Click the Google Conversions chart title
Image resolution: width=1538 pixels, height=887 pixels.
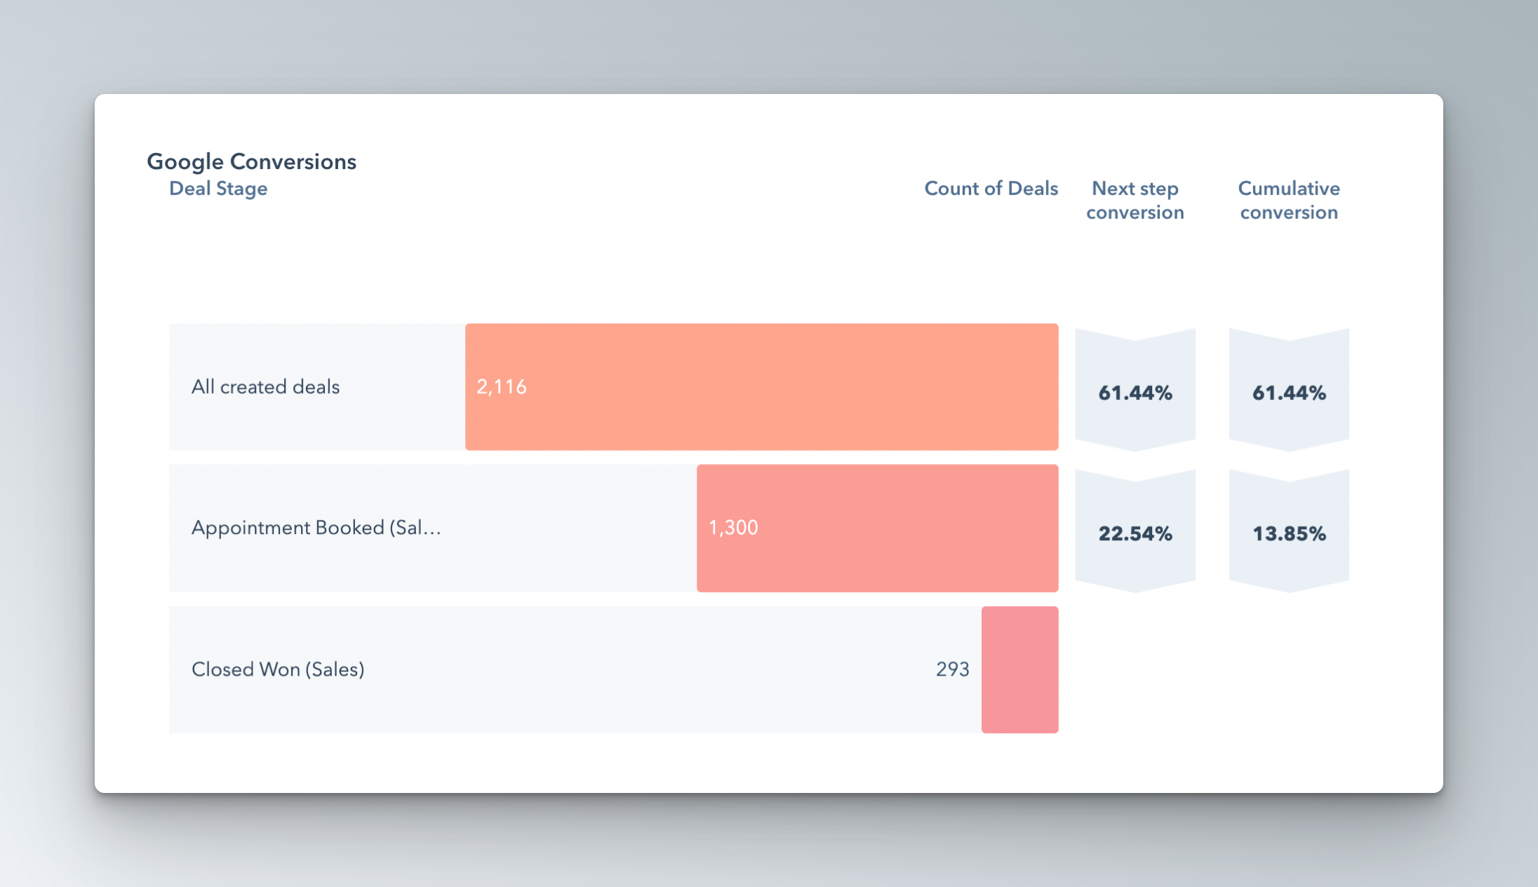[x=251, y=161]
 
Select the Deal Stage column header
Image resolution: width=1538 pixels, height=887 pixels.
[x=218, y=189]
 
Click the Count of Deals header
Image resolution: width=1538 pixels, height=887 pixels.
[x=991, y=189]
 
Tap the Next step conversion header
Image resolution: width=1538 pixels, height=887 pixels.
[x=1135, y=201]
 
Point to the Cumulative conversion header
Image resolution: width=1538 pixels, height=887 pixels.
[x=1289, y=201]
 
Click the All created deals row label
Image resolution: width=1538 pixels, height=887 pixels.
[x=265, y=387]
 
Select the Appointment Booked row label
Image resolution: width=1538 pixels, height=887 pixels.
[x=316, y=528]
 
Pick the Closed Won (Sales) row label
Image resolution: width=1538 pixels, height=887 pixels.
[x=278, y=669]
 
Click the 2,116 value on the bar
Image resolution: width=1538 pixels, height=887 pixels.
[x=501, y=387]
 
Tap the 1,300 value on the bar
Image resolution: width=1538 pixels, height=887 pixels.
[x=733, y=528]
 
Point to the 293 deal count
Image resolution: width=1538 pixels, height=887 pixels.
[x=952, y=669]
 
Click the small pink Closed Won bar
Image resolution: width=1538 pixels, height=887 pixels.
[x=1019, y=669]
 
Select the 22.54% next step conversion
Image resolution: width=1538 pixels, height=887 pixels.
[x=1135, y=534]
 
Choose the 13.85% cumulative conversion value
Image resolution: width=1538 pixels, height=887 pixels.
[x=1289, y=534]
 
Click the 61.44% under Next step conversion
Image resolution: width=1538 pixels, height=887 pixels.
[x=1135, y=393]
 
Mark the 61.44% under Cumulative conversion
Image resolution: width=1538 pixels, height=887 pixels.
[x=1289, y=393]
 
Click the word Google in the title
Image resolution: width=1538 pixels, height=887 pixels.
[x=185, y=162]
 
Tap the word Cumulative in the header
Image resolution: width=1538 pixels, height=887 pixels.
[x=1289, y=189]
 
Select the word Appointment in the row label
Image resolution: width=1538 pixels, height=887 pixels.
[x=253, y=528]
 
